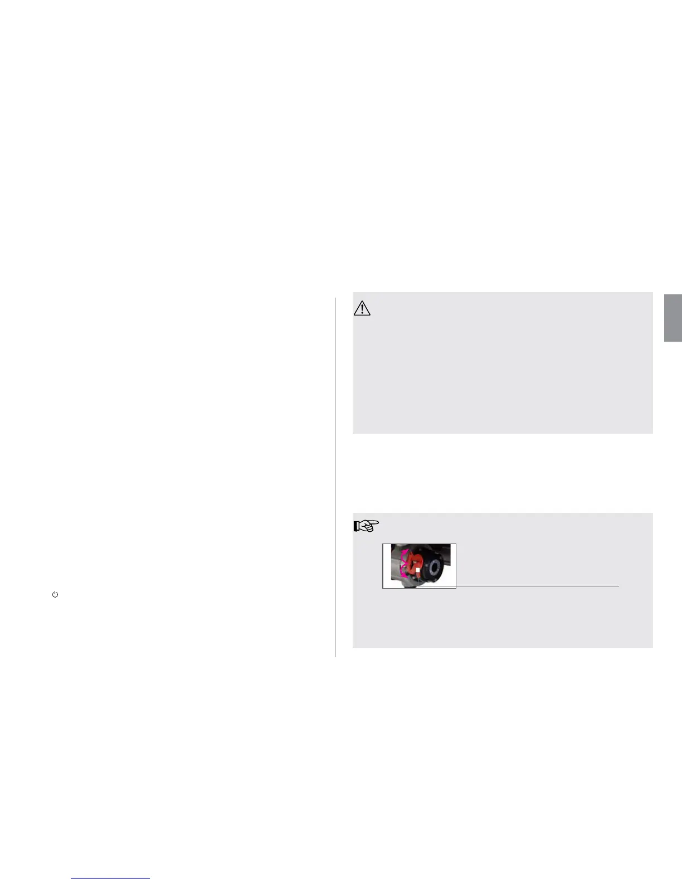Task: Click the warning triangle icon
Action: pos(362,308)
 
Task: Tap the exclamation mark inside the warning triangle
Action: pos(362,309)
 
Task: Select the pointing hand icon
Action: pos(366,525)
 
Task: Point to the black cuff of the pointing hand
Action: pos(355,525)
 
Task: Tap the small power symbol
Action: pos(55,595)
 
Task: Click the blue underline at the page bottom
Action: pos(110,878)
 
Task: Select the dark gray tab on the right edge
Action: pos(673,318)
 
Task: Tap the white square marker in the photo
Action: pos(418,570)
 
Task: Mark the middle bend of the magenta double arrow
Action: pos(404,563)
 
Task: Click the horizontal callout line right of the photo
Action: pos(537,586)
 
